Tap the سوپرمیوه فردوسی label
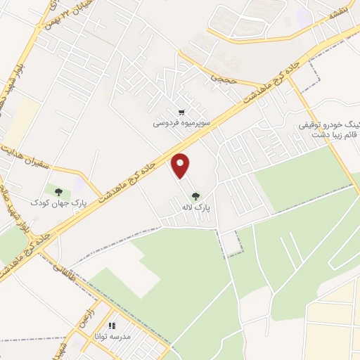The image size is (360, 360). pyautogui.click(x=182, y=122)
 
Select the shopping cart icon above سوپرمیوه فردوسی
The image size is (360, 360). pyautogui.click(x=181, y=111)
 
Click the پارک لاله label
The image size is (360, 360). pyautogui.click(x=203, y=209)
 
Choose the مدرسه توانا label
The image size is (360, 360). pyautogui.click(x=108, y=337)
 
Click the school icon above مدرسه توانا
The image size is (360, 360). pyautogui.click(x=111, y=326)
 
